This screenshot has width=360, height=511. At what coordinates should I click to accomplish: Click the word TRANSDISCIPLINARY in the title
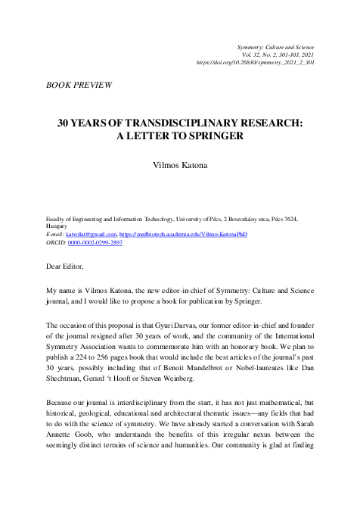(x=164, y=123)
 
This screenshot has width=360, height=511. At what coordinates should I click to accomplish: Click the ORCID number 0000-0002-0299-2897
(x=95, y=243)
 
